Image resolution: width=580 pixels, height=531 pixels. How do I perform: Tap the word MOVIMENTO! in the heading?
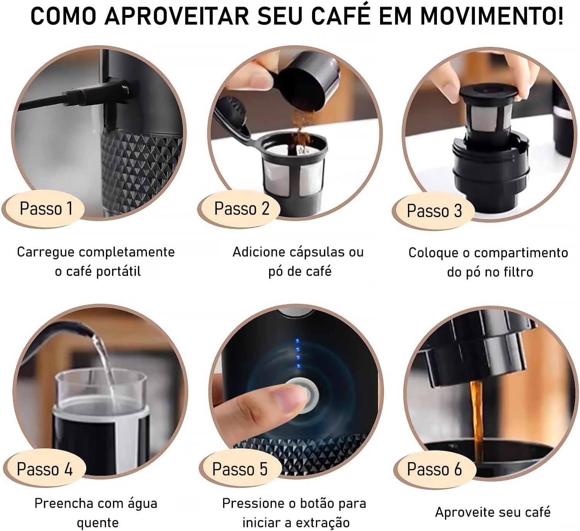tap(491, 16)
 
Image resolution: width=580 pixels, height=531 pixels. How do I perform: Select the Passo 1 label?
tap(46, 209)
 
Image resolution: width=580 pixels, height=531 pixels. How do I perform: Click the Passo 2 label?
tap(242, 209)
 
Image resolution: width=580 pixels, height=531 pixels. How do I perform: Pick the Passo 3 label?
tap(434, 211)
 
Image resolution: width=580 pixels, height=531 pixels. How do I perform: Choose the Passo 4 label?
tap(44, 469)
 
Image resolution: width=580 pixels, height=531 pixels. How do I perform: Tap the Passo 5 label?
tap(240, 469)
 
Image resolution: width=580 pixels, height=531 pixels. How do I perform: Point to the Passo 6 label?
tap(434, 469)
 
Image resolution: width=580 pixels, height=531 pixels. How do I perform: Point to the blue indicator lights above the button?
tap(297, 354)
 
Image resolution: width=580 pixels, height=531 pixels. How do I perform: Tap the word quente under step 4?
tap(97, 523)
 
